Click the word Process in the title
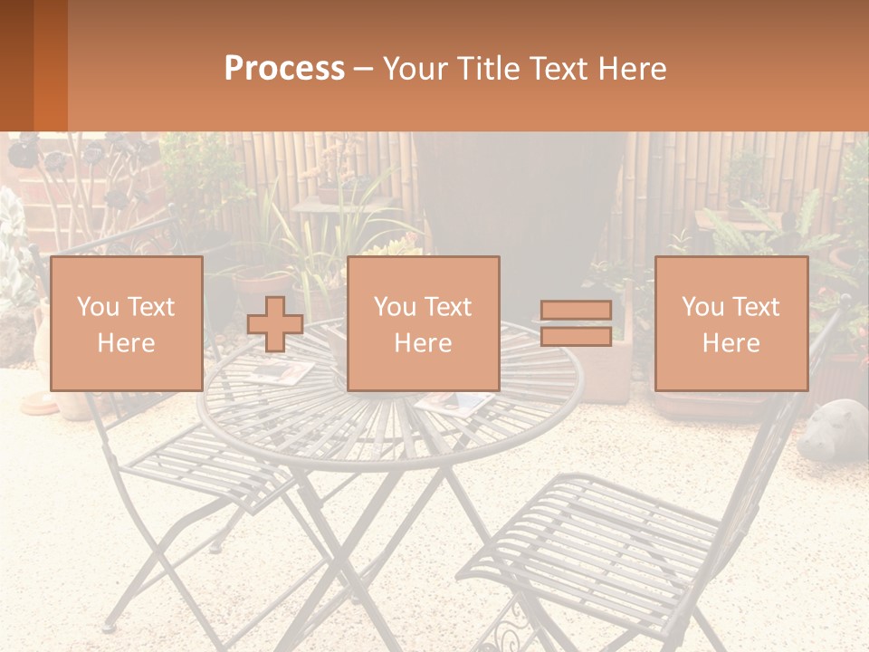[x=284, y=69]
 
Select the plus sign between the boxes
[x=275, y=324]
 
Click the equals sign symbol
[x=576, y=323]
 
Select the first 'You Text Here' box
[x=126, y=323]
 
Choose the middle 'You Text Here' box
[x=423, y=323]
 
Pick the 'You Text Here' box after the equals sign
[x=731, y=323]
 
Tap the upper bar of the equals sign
[x=576, y=310]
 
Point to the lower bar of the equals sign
[x=576, y=337]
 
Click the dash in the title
[x=363, y=69]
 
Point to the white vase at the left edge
[x=42, y=344]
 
